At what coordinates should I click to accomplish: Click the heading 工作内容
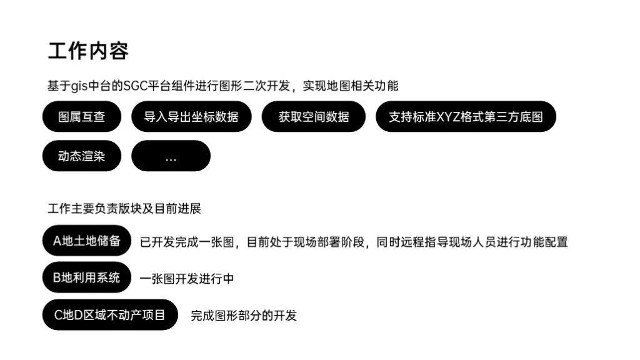(88, 51)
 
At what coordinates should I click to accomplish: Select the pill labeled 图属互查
(82, 117)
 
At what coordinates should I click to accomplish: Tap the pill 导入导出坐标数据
(191, 117)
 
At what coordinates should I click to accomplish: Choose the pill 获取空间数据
(314, 117)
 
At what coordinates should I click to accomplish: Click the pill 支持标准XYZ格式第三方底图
(466, 117)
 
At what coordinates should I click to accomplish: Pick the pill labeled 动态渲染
(82, 156)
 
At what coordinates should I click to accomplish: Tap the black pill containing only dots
(171, 156)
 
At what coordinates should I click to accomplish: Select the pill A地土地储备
(86, 241)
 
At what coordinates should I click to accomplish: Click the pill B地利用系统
(86, 277)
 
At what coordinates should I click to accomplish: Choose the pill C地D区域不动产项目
(110, 315)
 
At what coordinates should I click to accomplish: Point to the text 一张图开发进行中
(187, 279)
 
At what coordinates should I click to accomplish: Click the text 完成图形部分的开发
(244, 316)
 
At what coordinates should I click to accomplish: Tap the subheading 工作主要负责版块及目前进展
(124, 208)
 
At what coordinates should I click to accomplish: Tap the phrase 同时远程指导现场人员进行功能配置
(472, 242)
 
